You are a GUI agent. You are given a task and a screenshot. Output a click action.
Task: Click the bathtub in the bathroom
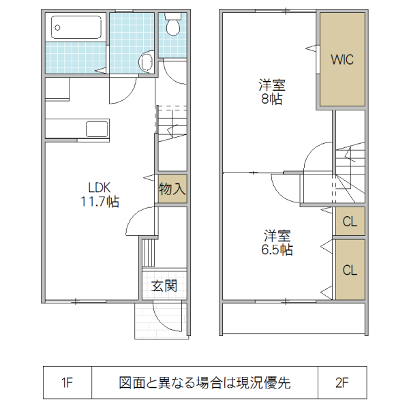(x=76, y=29)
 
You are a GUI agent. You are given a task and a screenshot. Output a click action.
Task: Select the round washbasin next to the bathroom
(x=146, y=62)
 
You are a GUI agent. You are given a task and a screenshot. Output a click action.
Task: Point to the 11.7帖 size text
(x=100, y=202)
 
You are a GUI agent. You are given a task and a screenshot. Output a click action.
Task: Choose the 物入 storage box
(x=172, y=189)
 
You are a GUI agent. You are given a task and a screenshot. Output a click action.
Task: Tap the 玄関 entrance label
(x=164, y=286)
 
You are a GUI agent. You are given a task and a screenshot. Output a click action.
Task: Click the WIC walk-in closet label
(x=342, y=59)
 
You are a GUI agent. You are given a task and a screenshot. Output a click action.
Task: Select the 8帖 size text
(x=271, y=100)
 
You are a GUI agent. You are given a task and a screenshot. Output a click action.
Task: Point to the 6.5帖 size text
(x=278, y=250)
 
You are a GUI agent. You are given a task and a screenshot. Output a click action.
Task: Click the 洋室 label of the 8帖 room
(x=271, y=86)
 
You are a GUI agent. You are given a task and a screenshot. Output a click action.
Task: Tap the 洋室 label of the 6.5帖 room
(x=278, y=237)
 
